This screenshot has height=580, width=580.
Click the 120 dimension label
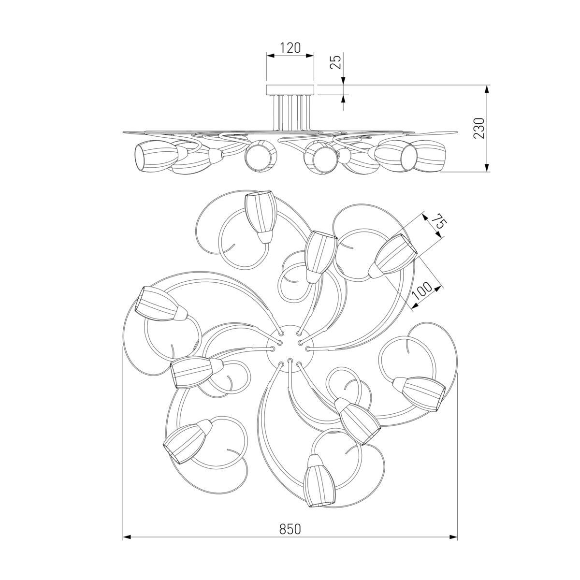pyautogui.click(x=290, y=48)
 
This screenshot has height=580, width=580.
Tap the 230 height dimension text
pyautogui.click(x=479, y=128)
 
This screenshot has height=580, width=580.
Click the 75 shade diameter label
pyautogui.click(x=441, y=222)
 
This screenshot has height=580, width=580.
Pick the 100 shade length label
pyautogui.click(x=423, y=290)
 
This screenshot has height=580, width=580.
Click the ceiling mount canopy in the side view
pyautogui.click(x=290, y=90)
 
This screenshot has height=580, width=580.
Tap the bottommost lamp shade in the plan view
pyautogui.click(x=319, y=480)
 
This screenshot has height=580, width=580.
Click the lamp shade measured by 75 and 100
pyautogui.click(x=392, y=256)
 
